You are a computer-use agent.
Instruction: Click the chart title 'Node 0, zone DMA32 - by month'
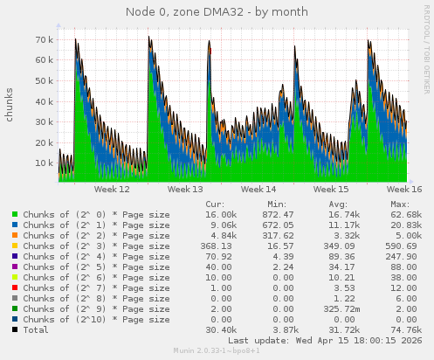click(217, 11)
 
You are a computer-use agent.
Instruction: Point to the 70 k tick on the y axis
click(45, 40)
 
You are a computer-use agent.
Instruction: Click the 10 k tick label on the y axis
click(45, 163)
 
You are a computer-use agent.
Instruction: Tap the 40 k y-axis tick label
click(45, 101)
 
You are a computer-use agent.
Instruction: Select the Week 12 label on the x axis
click(112, 189)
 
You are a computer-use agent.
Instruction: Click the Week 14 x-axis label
click(258, 189)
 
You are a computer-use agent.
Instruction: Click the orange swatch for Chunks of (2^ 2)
click(15, 235)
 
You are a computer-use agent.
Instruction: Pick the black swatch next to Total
click(15, 329)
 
